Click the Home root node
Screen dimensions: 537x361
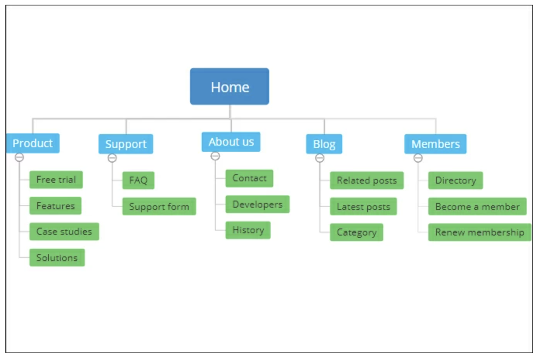tap(229, 86)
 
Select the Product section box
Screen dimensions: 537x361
tap(33, 143)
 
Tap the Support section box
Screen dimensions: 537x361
tap(126, 144)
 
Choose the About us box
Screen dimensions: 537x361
tap(231, 142)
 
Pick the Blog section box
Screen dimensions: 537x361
tap(324, 144)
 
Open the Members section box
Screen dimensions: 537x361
tap(435, 144)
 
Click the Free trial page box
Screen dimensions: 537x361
tap(56, 180)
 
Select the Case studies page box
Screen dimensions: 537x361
tap(64, 232)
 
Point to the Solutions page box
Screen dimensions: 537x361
tap(57, 258)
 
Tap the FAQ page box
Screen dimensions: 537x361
tap(139, 180)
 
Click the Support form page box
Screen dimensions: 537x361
tap(159, 206)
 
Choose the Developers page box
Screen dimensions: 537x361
tap(258, 204)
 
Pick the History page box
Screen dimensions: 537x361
tap(248, 230)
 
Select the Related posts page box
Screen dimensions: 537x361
tap(367, 180)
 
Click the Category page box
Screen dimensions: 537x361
tap(357, 232)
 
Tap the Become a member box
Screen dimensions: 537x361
tap(477, 206)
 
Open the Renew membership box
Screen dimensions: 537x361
tap(480, 232)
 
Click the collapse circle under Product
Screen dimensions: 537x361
tap(19, 157)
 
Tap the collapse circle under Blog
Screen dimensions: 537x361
tap(320, 158)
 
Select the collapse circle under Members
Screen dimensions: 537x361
tap(418, 158)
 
